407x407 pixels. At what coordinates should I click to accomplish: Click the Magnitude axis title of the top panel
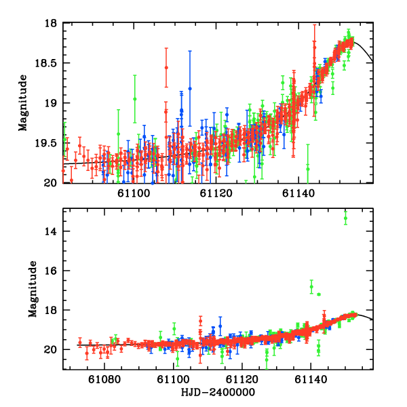point(22,103)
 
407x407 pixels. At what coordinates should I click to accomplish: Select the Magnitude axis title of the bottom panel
point(32,290)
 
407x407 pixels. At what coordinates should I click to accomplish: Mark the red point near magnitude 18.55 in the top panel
point(166,67)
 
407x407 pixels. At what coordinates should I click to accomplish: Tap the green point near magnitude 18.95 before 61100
point(135,99)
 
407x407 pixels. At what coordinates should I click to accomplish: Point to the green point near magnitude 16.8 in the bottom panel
point(311,287)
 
